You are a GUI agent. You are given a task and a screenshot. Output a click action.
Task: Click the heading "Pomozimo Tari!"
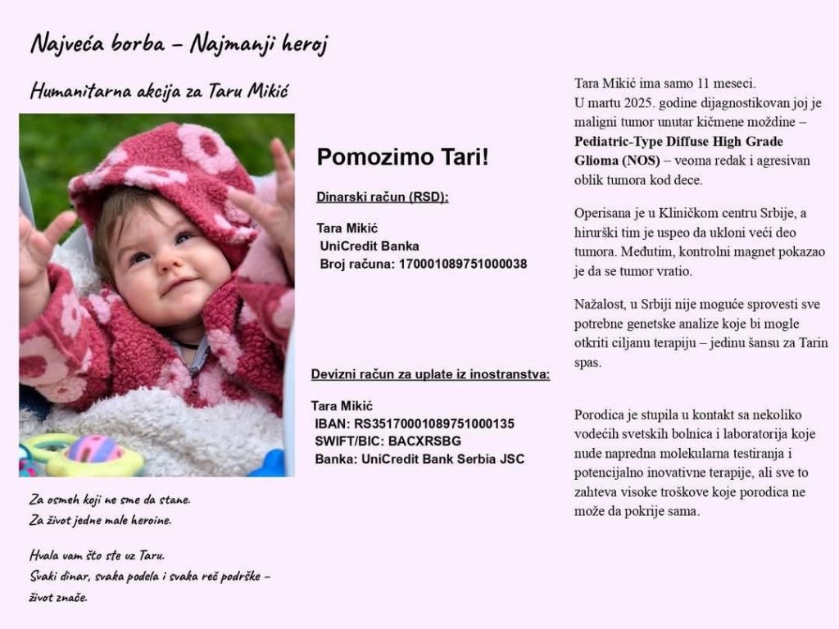[x=402, y=157]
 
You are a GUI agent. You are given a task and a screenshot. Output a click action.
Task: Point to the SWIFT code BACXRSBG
[x=424, y=441]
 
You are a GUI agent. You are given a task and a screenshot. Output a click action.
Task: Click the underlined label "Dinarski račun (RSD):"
[x=383, y=197]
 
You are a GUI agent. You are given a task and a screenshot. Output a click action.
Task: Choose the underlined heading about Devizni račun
[x=430, y=375]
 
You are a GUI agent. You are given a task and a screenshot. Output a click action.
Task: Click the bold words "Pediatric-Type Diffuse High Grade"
[x=678, y=141]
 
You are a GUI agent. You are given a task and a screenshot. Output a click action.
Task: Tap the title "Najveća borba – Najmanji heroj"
[x=179, y=43]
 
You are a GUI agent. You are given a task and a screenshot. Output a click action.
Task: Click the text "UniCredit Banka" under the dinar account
[x=370, y=246]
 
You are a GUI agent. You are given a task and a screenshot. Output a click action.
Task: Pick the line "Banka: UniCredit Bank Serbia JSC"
[x=419, y=459]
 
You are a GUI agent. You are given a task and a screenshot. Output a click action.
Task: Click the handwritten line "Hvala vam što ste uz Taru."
[x=97, y=555]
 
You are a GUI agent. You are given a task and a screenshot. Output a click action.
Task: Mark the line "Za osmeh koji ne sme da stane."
[x=110, y=499]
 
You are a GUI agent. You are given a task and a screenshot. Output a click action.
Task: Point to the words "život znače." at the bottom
[x=58, y=597]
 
